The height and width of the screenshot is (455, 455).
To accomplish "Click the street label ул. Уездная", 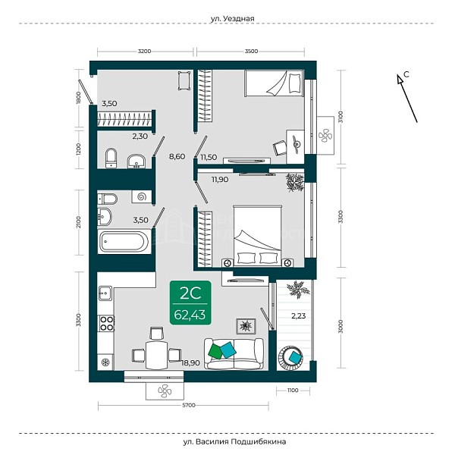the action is (x=232, y=18).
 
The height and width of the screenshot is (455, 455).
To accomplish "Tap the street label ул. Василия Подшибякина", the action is (x=234, y=441).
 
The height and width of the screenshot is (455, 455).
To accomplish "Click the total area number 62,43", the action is (x=190, y=315).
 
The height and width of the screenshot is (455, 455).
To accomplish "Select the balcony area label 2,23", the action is (x=298, y=315).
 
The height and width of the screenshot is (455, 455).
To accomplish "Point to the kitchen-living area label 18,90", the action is (x=190, y=362).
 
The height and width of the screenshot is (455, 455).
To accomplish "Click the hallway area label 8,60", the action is (x=177, y=156).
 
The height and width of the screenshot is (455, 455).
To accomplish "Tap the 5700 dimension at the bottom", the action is (x=189, y=405).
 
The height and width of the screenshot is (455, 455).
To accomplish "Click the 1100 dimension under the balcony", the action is (x=293, y=391).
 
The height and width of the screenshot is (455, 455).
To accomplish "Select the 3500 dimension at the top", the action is (x=251, y=51).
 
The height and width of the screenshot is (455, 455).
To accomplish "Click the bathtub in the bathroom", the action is (x=124, y=241).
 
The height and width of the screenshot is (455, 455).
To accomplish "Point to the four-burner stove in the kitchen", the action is (x=106, y=323).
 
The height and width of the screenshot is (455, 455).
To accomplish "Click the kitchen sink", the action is (x=105, y=293).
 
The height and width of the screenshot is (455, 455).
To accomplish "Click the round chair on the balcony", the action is (x=290, y=357).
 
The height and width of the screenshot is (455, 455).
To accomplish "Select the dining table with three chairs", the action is (x=157, y=350).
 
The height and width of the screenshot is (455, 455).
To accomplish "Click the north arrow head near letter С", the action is (x=400, y=79).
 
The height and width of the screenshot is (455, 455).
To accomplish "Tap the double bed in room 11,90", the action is (x=258, y=236).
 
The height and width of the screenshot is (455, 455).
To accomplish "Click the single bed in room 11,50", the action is (x=274, y=83).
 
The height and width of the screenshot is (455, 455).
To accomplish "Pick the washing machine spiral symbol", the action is (x=142, y=197).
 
